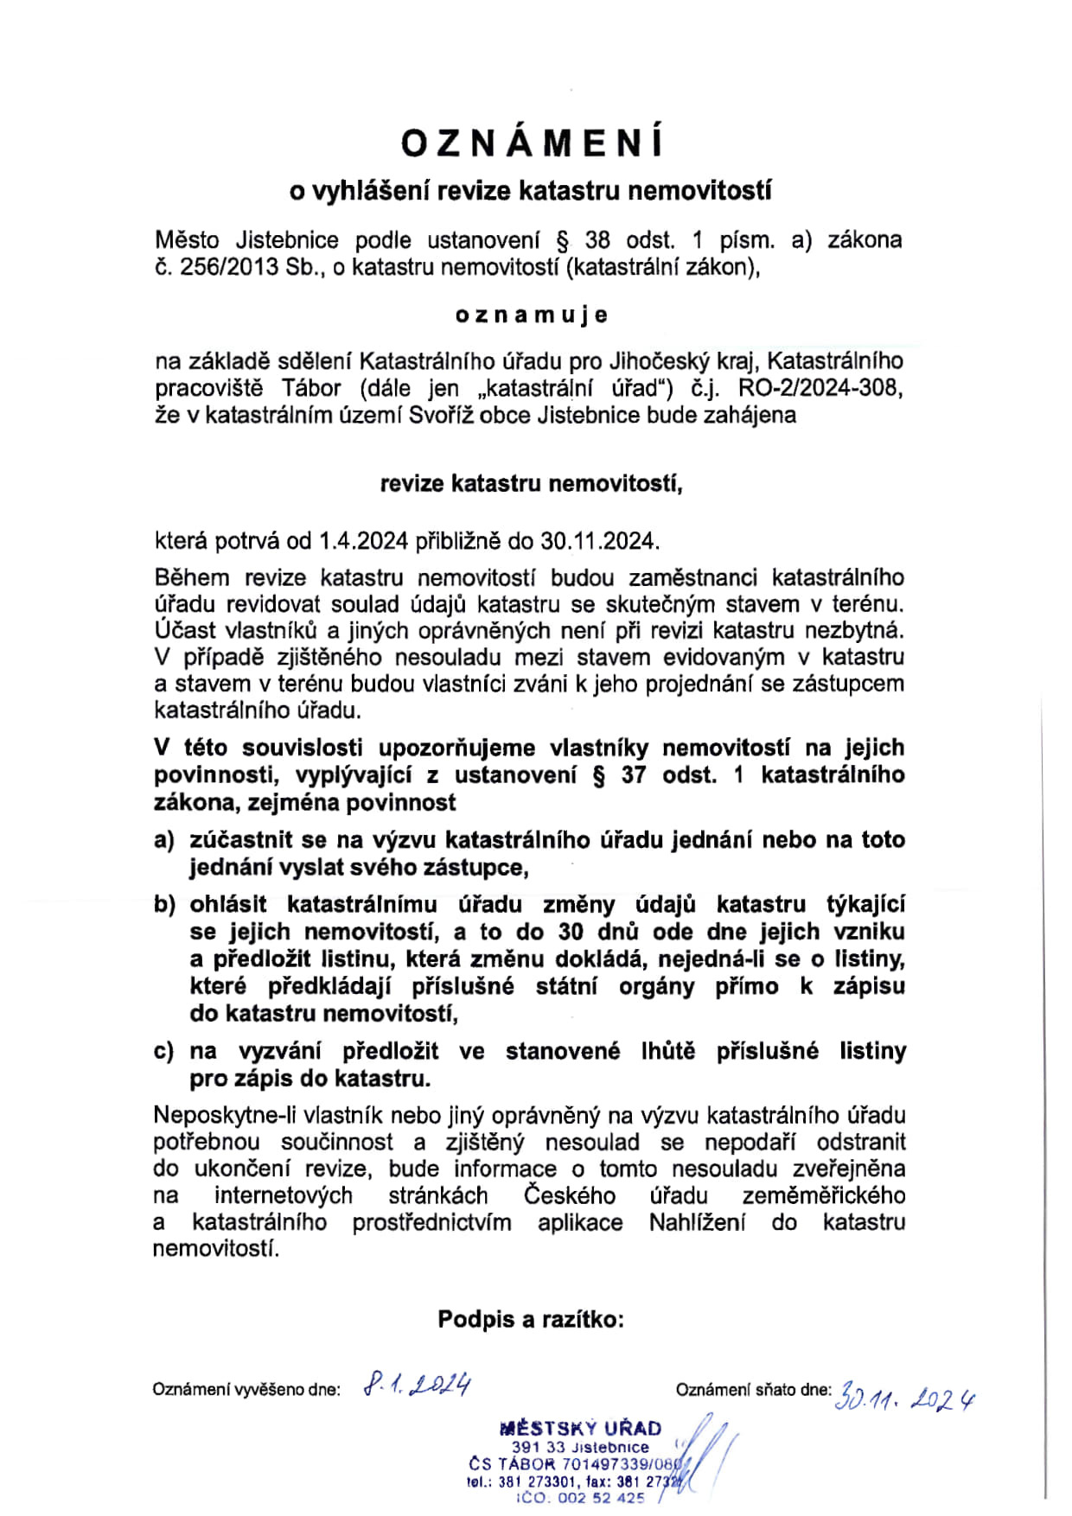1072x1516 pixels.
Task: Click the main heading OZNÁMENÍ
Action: pyautogui.click(x=533, y=143)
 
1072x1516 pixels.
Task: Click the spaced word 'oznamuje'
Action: pyautogui.click(x=532, y=315)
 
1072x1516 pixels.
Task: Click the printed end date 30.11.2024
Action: pyautogui.click(x=598, y=541)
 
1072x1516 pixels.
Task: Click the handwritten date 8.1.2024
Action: pyautogui.click(x=418, y=1385)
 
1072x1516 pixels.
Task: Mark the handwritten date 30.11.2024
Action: pyautogui.click(x=905, y=1398)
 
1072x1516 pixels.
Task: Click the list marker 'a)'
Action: pyautogui.click(x=164, y=840)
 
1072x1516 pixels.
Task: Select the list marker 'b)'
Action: pyautogui.click(x=164, y=905)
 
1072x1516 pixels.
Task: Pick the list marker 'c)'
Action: pyautogui.click(x=164, y=1051)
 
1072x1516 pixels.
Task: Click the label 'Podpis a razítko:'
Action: pyautogui.click(x=531, y=1319)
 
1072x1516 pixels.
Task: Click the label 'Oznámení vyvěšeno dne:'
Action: pyautogui.click(x=246, y=1390)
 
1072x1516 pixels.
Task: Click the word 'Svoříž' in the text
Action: pyautogui.click(x=441, y=416)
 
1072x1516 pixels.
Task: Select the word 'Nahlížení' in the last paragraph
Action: pyautogui.click(x=697, y=1222)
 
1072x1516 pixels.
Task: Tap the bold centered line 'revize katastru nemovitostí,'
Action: pyautogui.click(x=531, y=483)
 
